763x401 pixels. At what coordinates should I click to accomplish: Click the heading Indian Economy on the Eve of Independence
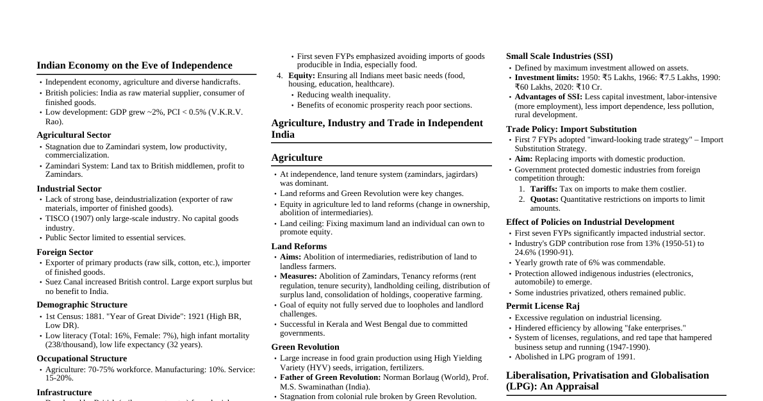(135, 65)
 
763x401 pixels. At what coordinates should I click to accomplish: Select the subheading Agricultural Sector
(74, 135)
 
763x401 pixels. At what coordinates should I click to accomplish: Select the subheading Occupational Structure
(81, 359)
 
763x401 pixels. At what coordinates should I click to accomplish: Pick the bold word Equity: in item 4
(302, 76)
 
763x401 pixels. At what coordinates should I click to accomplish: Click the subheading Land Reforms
(299, 247)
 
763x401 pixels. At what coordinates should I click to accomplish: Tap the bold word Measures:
(299, 276)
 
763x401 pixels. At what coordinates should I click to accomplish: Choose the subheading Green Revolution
(305, 347)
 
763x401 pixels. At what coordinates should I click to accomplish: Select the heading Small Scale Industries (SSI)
(559, 56)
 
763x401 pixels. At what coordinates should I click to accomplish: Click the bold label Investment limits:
(546, 78)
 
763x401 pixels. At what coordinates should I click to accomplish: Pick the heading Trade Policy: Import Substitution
(571, 129)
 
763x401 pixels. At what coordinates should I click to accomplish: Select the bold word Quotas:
(544, 199)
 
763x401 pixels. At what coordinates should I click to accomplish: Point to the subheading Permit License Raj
(543, 306)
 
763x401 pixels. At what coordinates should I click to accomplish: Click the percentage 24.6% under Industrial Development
(527, 252)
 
